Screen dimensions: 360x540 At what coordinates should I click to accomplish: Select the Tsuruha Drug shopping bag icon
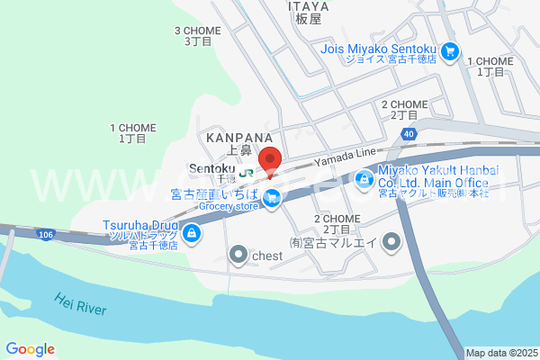[x=191, y=234]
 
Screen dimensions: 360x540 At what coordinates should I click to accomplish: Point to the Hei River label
[x=80, y=304]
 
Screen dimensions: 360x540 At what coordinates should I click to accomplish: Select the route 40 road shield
[x=409, y=133]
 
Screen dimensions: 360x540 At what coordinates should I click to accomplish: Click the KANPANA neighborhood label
[x=238, y=138]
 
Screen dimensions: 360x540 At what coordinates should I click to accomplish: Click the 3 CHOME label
[x=196, y=31]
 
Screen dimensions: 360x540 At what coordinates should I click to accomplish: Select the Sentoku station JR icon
[x=246, y=176]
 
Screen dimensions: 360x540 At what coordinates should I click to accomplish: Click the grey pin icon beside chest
[x=238, y=256]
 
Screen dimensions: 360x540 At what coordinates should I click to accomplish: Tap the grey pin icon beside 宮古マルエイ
[x=391, y=242]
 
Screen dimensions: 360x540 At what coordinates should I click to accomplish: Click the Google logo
[x=30, y=349]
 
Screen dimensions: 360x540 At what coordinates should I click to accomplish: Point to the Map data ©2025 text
[x=501, y=353]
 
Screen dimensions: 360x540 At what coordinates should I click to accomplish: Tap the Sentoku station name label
[x=211, y=168]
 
